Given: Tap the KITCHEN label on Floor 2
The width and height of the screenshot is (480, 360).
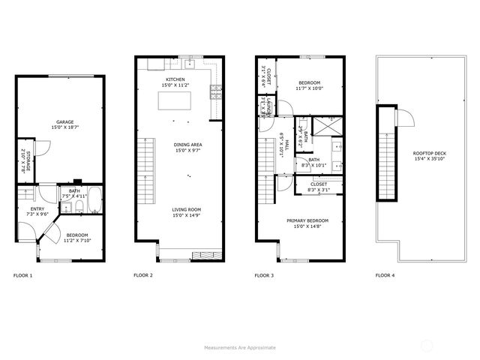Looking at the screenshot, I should click(x=175, y=79).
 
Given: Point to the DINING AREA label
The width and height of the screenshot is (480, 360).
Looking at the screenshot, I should click(x=188, y=145).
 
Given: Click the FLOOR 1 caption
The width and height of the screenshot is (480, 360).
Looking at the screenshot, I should click(x=23, y=276).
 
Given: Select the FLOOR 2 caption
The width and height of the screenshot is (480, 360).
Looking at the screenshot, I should click(x=143, y=276).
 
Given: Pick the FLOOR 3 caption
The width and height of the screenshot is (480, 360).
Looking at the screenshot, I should click(x=264, y=276).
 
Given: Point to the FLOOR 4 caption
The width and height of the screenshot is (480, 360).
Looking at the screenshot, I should click(x=385, y=276).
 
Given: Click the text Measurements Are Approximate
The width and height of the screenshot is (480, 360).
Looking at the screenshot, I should click(x=240, y=348).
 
